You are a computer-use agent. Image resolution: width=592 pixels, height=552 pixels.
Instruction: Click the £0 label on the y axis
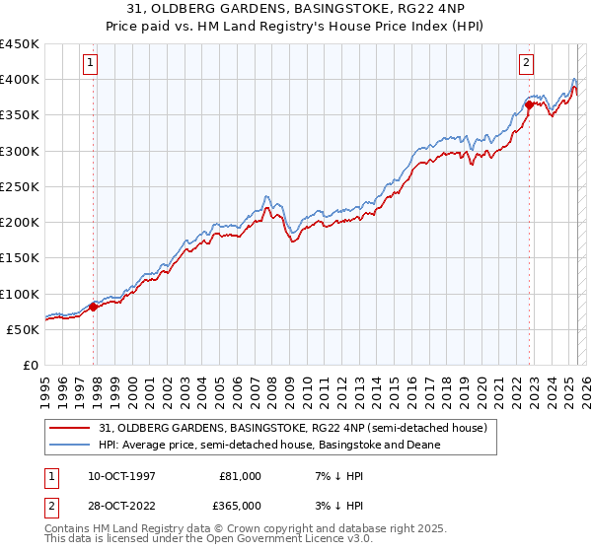click(x=30, y=366)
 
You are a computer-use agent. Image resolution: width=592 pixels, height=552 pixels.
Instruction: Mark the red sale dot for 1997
click(x=93, y=308)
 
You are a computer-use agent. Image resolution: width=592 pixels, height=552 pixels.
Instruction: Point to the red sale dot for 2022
click(x=530, y=103)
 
